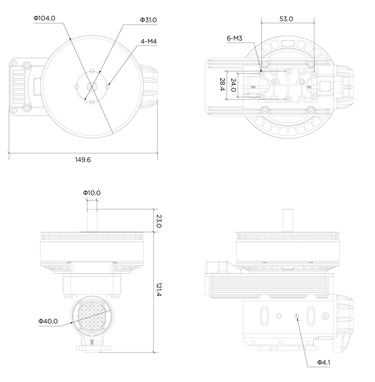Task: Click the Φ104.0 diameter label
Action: coord(44,18)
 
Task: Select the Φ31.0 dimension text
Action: coord(148,20)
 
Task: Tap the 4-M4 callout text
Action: coord(149,42)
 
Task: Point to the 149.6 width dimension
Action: coord(83,160)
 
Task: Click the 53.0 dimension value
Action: coord(286,19)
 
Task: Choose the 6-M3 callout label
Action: coord(234,38)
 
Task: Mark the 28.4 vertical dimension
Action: coord(222,84)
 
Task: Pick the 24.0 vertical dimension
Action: coord(233,85)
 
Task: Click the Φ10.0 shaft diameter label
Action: coord(92,193)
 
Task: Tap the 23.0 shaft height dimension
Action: coord(159,221)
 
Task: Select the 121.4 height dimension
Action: coord(159,290)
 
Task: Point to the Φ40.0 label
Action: coord(48,321)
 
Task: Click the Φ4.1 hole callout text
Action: coord(323,363)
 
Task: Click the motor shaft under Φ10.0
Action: coord(92,220)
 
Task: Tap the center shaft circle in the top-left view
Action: coord(92,87)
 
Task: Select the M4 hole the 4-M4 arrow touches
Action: coord(107,87)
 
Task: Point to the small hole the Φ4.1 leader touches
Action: coord(297,316)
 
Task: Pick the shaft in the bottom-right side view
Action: coord(288,220)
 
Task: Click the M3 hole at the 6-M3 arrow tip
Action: coord(262,73)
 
